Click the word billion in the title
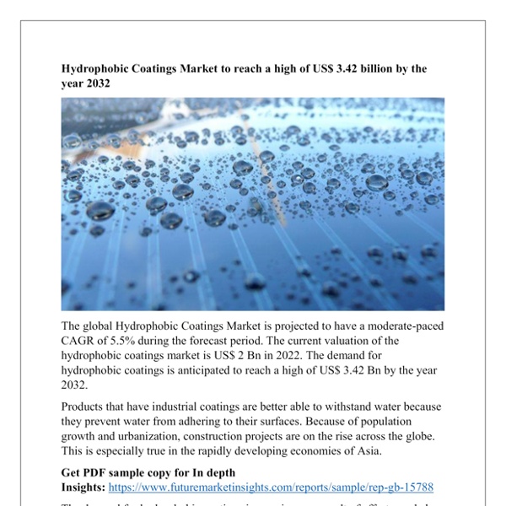[x=363, y=68]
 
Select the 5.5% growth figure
[x=132, y=341]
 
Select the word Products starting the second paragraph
[x=88, y=406]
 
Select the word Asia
[x=367, y=452]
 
